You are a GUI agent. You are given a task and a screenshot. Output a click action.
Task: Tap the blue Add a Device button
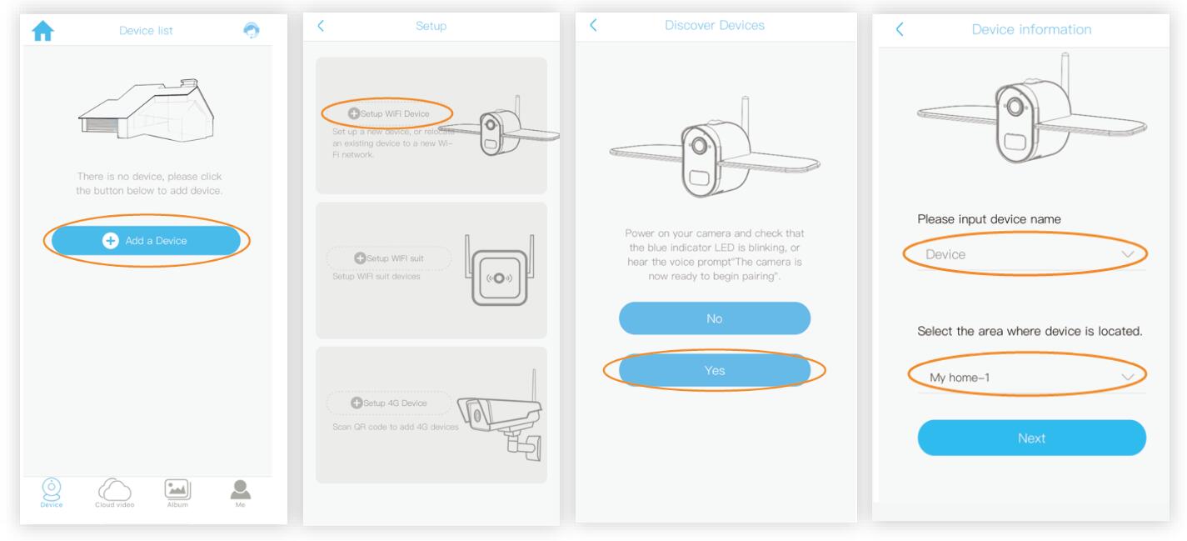[146, 240]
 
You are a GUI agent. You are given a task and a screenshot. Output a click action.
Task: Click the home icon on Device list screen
[42, 31]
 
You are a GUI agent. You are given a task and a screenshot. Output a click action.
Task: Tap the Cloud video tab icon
[114, 490]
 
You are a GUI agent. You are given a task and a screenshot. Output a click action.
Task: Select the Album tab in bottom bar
[176, 490]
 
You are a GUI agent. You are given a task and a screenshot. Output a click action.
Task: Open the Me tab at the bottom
[240, 490]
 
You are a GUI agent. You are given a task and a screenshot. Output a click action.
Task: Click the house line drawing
[146, 109]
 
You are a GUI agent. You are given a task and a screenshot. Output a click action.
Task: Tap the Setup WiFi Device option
[388, 113]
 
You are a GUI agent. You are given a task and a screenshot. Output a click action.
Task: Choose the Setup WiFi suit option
[388, 258]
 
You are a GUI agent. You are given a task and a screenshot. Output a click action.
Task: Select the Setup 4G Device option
[388, 403]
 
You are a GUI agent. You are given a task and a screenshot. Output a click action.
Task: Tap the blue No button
[714, 318]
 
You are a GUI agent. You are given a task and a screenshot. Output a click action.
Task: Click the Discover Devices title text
[715, 26]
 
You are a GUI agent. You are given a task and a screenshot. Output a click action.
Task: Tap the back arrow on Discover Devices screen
[593, 25]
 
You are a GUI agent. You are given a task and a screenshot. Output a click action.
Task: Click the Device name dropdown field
[1030, 254]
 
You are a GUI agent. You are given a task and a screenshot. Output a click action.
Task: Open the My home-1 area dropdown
[1030, 378]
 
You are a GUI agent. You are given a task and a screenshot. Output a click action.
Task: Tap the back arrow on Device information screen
[899, 29]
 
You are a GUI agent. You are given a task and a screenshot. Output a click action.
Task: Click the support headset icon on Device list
[251, 30]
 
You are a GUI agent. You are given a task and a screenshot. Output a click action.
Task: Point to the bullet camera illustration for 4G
[500, 417]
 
